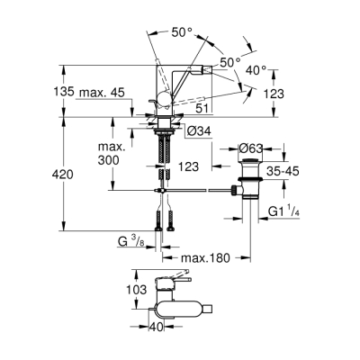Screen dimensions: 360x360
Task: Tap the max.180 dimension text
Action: coord(205,257)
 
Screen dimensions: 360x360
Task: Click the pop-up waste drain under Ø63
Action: coord(249,180)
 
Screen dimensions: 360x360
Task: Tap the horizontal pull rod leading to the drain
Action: coord(193,191)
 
